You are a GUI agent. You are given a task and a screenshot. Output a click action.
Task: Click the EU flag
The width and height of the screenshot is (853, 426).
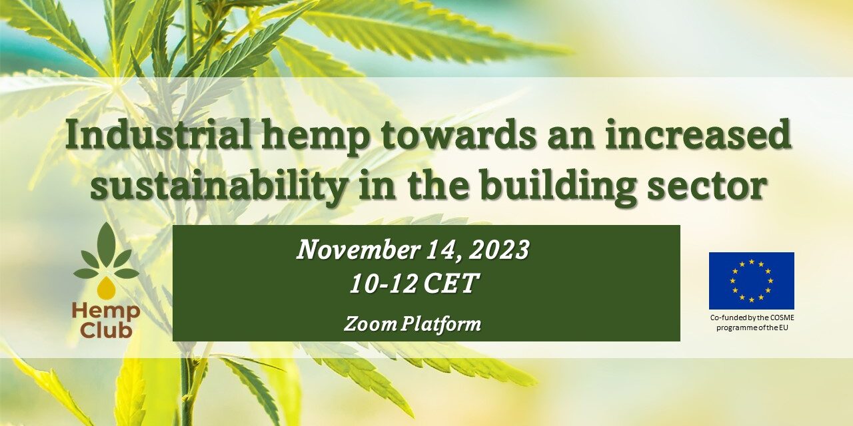pos(751,281)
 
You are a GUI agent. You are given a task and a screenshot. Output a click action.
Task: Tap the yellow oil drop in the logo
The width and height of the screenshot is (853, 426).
pos(105,288)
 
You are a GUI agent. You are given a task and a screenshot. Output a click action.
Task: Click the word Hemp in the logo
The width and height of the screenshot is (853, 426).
pos(106,311)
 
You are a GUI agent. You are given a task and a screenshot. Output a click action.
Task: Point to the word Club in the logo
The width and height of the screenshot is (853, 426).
pos(106,329)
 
